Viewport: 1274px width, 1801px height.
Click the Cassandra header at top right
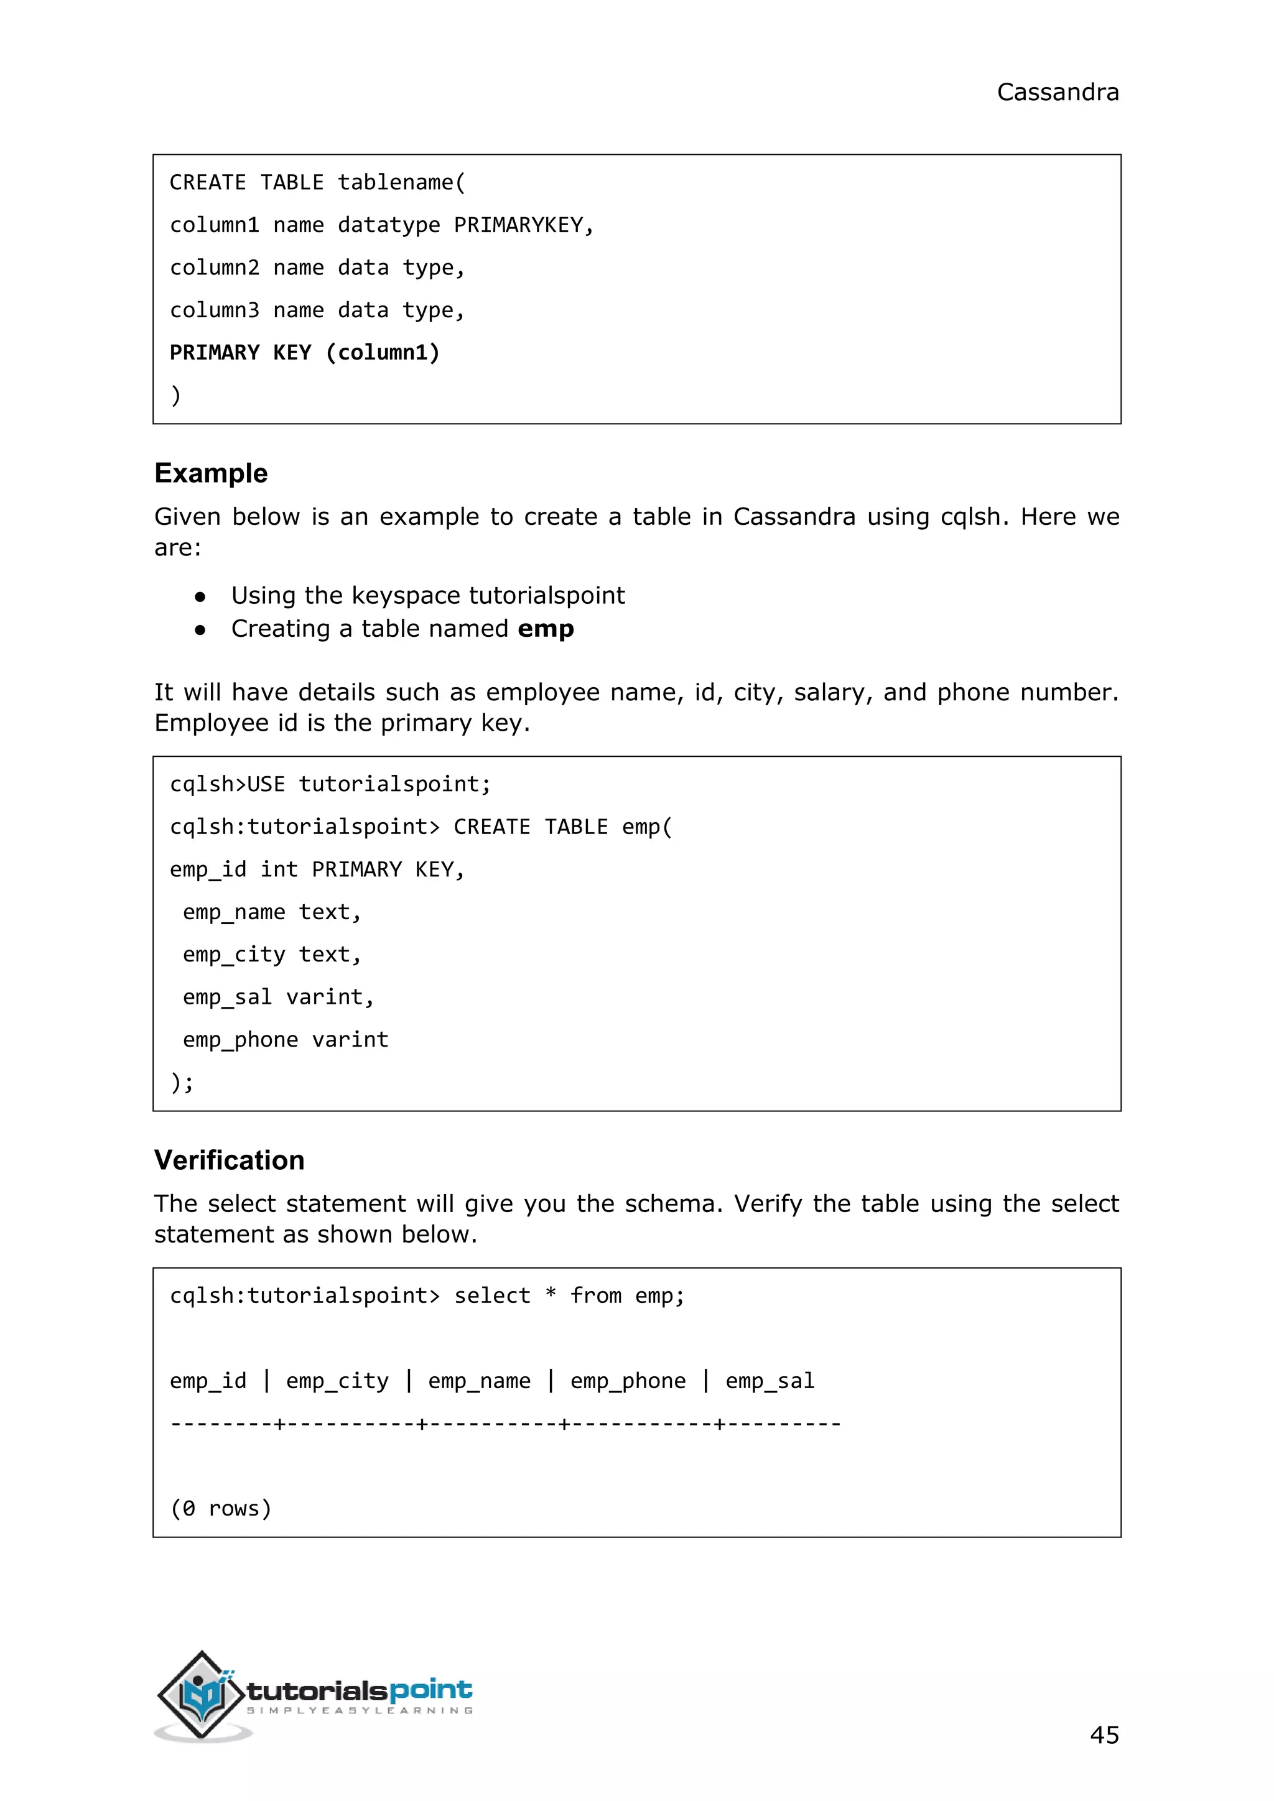tap(1057, 93)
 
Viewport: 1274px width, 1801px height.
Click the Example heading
tap(211, 473)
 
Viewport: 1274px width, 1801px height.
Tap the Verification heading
tap(229, 1160)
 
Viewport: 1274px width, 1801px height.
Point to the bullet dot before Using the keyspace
tap(200, 597)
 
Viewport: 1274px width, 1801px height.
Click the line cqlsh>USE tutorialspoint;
tap(330, 784)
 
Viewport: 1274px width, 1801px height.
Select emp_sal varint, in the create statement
tap(279, 997)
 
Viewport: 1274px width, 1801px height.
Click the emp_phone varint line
tap(286, 1039)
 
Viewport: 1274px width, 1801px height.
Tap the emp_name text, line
tap(271, 912)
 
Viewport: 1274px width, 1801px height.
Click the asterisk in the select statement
tap(551, 1294)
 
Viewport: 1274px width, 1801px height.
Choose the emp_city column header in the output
tap(337, 1381)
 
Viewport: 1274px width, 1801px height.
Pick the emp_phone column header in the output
tap(628, 1381)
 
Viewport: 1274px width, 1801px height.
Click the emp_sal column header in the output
tap(770, 1381)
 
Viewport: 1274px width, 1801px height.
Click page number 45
tap(1104, 1734)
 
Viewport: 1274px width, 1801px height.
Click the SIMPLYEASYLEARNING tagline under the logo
tap(360, 1711)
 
